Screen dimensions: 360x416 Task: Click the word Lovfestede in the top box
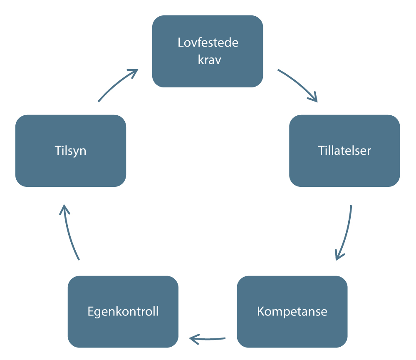[208, 43]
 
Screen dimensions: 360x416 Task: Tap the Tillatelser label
[344, 150]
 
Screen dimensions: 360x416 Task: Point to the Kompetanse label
[292, 311]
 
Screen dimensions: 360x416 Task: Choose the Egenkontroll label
[123, 311]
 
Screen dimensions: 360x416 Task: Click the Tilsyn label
[70, 150]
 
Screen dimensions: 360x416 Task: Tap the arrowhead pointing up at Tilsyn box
[64, 208]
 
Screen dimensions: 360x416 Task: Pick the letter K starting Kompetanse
[260, 311]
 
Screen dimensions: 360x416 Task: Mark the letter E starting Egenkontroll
[91, 311]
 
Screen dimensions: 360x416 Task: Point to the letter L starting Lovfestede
[180, 43]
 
